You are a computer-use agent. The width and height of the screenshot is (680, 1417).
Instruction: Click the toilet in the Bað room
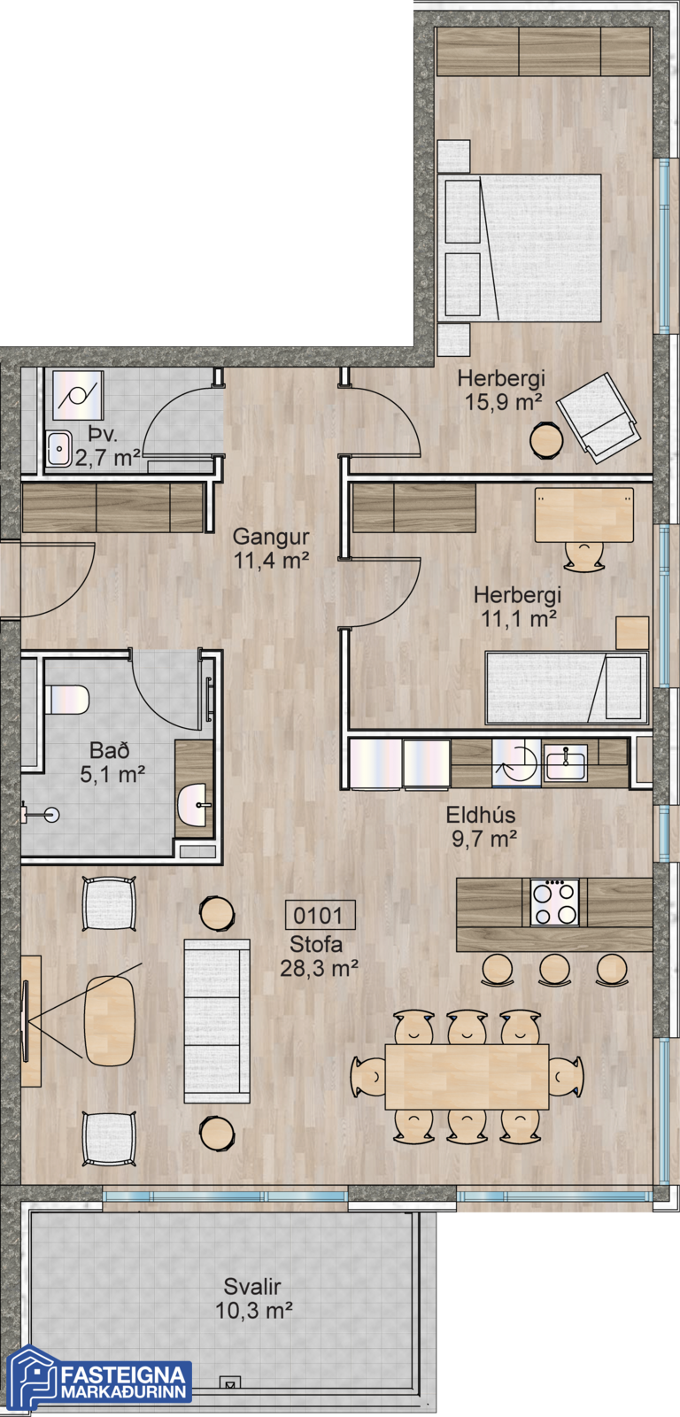coord(66,701)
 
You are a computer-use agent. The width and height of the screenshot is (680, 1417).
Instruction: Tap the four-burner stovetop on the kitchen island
coord(555,902)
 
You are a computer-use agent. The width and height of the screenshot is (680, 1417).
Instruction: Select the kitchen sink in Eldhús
coord(566,763)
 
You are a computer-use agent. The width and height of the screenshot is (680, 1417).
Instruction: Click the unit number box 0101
coord(320,916)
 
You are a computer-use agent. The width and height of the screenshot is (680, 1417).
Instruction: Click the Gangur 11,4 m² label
coord(271,548)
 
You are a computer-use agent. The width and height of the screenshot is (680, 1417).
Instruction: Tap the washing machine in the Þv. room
coord(77,395)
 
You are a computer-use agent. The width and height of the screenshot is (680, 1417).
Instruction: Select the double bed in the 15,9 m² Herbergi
coord(520,248)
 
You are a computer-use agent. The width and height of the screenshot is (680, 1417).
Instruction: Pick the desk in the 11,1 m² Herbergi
coord(583,515)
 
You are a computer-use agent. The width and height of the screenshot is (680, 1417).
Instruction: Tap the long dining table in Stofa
coord(467,1076)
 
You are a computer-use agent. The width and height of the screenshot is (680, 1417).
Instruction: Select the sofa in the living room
coord(217,1022)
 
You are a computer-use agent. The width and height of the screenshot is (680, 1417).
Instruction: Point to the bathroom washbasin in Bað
coord(194,805)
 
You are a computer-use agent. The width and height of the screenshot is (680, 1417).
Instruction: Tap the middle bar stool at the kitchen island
coord(555,969)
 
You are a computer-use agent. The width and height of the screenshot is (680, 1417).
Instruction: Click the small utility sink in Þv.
coord(58,448)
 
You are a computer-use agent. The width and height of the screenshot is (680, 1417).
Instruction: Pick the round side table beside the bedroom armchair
coord(546,440)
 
